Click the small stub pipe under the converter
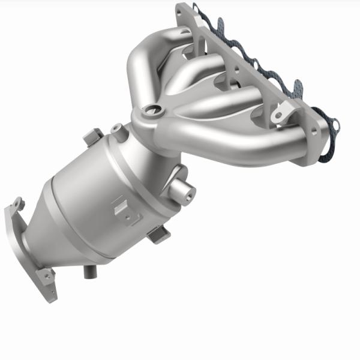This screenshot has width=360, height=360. pos(91,271)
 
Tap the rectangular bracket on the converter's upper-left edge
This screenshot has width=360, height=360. pos(92,137)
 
